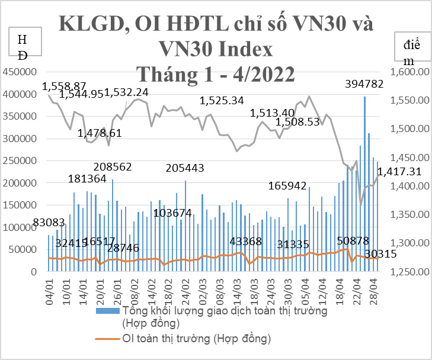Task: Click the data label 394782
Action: point(364,85)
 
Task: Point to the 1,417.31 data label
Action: point(400,172)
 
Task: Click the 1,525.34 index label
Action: point(223,101)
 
